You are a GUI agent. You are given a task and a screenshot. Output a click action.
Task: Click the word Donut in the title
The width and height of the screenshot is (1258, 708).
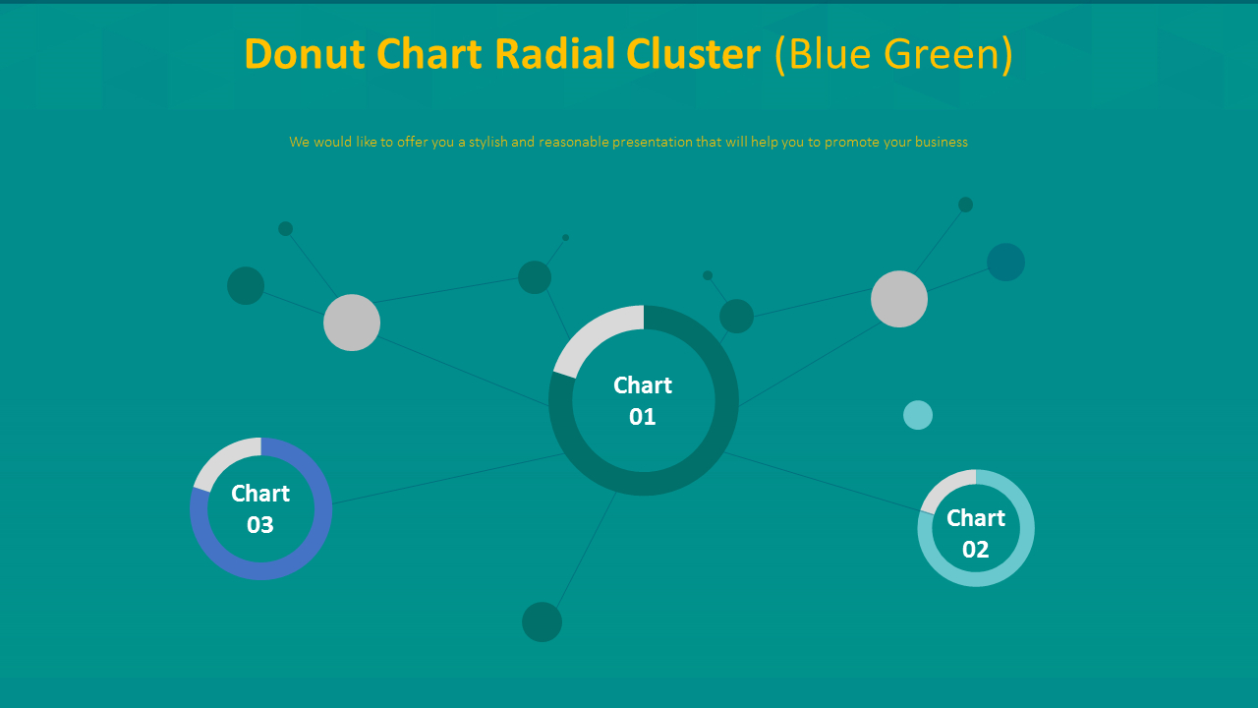[305, 54]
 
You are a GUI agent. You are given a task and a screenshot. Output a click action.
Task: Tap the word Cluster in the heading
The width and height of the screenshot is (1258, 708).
[694, 54]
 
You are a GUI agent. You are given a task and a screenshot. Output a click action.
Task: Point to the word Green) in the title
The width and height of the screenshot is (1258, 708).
[948, 55]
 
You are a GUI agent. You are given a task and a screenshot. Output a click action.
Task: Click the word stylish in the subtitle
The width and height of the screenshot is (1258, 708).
[488, 143]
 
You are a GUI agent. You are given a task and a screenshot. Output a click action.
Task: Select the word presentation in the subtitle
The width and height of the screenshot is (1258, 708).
[653, 143]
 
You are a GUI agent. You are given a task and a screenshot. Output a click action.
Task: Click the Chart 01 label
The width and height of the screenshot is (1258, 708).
[643, 400]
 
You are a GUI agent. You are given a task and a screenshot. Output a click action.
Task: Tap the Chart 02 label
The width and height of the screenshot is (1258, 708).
[976, 533]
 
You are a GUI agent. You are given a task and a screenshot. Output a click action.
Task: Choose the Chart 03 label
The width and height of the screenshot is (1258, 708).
[260, 509]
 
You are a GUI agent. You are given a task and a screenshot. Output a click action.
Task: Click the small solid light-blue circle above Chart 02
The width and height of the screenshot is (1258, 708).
[918, 415]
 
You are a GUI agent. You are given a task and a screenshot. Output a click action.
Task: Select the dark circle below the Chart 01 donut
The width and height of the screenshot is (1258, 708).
[542, 622]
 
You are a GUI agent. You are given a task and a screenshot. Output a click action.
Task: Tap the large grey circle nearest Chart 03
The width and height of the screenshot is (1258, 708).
[352, 323]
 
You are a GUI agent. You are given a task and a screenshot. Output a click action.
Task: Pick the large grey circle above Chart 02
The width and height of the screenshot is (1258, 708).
[899, 299]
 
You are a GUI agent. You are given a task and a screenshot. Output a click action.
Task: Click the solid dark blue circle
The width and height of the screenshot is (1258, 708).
[1005, 262]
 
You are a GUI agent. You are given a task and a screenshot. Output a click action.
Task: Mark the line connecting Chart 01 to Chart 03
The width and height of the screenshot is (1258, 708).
[448, 479]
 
